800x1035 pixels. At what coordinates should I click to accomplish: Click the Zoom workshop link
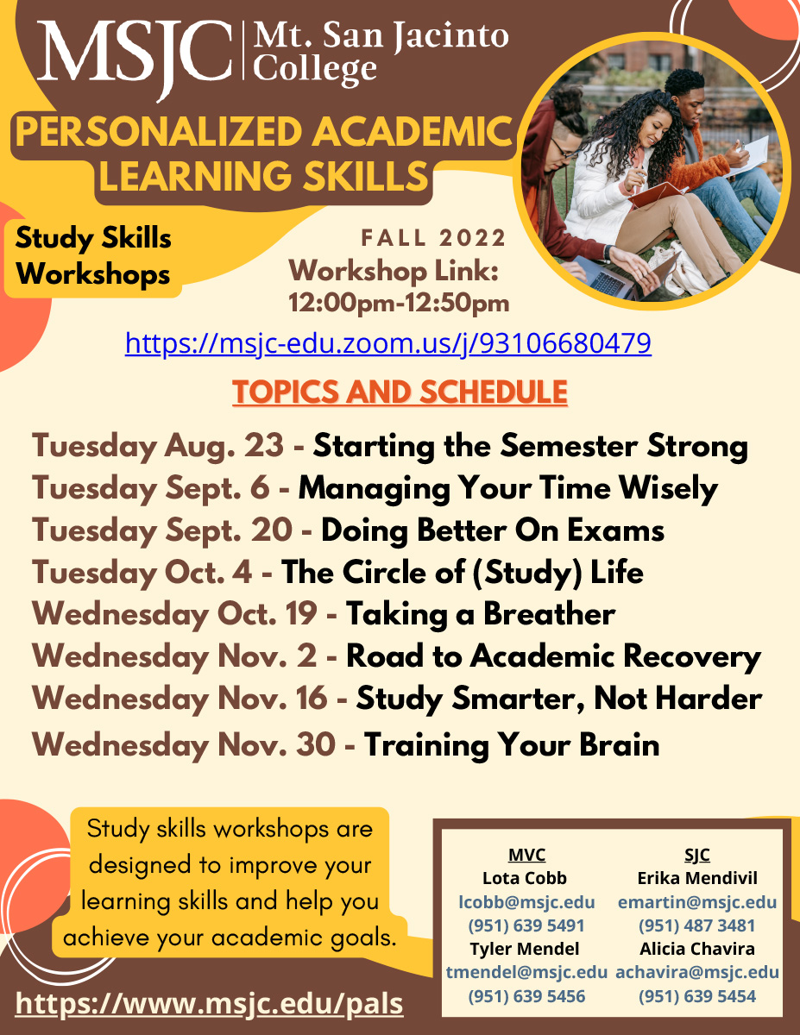coord(387,344)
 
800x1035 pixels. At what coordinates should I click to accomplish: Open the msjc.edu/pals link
coord(209,1004)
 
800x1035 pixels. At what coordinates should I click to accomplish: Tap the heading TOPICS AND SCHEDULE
coord(400,392)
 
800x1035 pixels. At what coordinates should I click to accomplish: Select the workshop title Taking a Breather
coord(481,615)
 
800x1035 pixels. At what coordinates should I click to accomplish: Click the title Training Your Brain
coord(512,744)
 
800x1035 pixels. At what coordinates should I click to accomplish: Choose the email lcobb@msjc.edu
coord(526,902)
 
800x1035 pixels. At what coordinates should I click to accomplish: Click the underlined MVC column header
coord(526,855)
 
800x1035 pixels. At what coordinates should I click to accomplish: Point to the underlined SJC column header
coord(696,855)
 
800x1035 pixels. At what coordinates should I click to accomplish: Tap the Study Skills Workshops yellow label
coord(93,256)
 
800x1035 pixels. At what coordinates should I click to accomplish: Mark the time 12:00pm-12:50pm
coord(398,303)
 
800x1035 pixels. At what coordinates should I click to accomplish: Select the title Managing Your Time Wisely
coord(507,489)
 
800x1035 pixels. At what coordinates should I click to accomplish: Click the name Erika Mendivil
coord(696,879)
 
